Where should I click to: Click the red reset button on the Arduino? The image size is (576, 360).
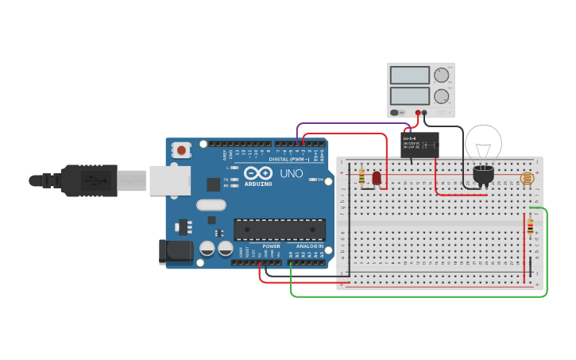pos(182,149)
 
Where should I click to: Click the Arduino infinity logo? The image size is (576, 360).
pos(258,173)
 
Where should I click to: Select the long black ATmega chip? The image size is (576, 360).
pos(279,230)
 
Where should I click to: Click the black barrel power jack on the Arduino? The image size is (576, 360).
pos(175,252)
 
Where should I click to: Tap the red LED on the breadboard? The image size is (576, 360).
pos(377,179)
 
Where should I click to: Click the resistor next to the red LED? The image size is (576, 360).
pos(361,176)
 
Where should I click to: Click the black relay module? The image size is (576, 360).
pos(420,144)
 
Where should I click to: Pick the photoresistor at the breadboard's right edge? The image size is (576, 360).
pos(527,179)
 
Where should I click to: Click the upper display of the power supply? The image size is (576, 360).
pos(410,75)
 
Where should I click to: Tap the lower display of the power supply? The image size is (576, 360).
pos(410,97)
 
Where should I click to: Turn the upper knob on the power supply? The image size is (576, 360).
pos(441,75)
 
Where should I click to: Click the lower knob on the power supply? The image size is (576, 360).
pos(441,97)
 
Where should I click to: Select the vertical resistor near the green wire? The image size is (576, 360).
pos(530,227)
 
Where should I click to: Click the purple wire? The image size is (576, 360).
pos(350,124)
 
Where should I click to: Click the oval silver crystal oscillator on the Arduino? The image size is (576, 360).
pos(211,205)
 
